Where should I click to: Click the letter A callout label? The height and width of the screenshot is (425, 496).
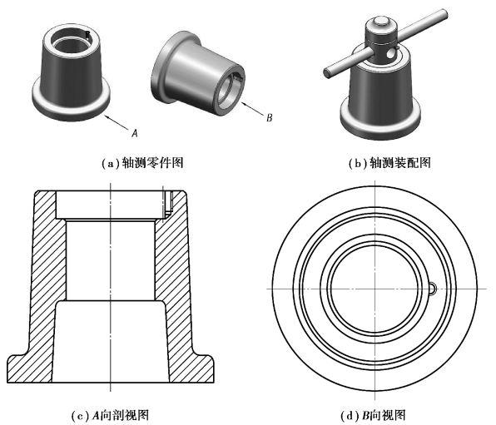pos(135,133)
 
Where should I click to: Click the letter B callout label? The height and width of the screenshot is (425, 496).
pos(269,118)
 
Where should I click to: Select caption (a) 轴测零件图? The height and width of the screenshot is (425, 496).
pos(142,163)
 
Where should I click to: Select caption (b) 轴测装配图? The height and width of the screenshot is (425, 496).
pos(389,163)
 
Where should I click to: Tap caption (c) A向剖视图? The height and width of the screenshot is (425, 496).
pos(110,415)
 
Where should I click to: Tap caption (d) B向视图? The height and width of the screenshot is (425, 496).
pos(373,415)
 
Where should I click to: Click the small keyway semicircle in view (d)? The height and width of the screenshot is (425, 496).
pos(434,289)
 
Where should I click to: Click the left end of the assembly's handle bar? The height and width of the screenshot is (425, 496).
pos(328,72)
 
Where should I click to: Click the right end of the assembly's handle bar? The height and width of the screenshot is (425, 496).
pos(444,13)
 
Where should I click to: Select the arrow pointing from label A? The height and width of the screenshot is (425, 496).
pos(117,122)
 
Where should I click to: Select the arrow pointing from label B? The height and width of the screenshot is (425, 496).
pos(252,108)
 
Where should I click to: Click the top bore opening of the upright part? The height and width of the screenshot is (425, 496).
pos(71,41)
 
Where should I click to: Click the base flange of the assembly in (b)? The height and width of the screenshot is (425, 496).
pos(380,121)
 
